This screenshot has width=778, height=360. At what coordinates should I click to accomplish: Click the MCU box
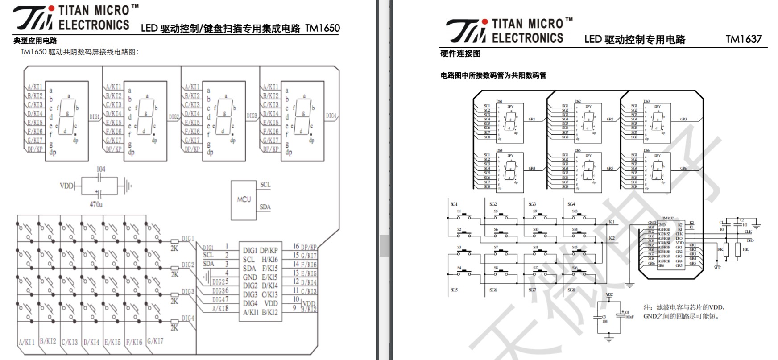[244, 200]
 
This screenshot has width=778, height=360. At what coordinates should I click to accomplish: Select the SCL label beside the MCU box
[265, 184]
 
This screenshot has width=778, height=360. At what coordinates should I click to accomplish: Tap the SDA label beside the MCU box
[265, 207]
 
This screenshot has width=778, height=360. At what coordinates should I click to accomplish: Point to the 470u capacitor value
[96, 204]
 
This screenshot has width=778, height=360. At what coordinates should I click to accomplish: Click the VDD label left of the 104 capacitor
[66, 186]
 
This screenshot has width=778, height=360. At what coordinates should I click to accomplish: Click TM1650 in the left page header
[322, 29]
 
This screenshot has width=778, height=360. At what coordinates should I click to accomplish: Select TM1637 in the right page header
[744, 39]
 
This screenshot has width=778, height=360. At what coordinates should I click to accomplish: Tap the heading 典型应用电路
[35, 41]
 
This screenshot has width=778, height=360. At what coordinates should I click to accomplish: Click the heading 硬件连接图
[460, 54]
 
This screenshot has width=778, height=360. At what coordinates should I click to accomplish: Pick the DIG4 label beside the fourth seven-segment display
[331, 116]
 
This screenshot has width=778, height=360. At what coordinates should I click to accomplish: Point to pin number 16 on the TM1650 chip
[296, 246]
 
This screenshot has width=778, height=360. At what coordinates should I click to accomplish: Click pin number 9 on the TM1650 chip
[294, 307]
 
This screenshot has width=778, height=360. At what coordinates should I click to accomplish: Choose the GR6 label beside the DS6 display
[683, 168]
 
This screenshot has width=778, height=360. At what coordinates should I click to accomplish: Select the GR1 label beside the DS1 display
[532, 119]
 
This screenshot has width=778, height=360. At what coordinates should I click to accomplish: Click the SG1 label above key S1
[454, 204]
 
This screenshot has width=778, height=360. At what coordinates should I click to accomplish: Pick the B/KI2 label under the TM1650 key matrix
[48, 341]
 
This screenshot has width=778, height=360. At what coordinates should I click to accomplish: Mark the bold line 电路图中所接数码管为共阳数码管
[493, 75]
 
